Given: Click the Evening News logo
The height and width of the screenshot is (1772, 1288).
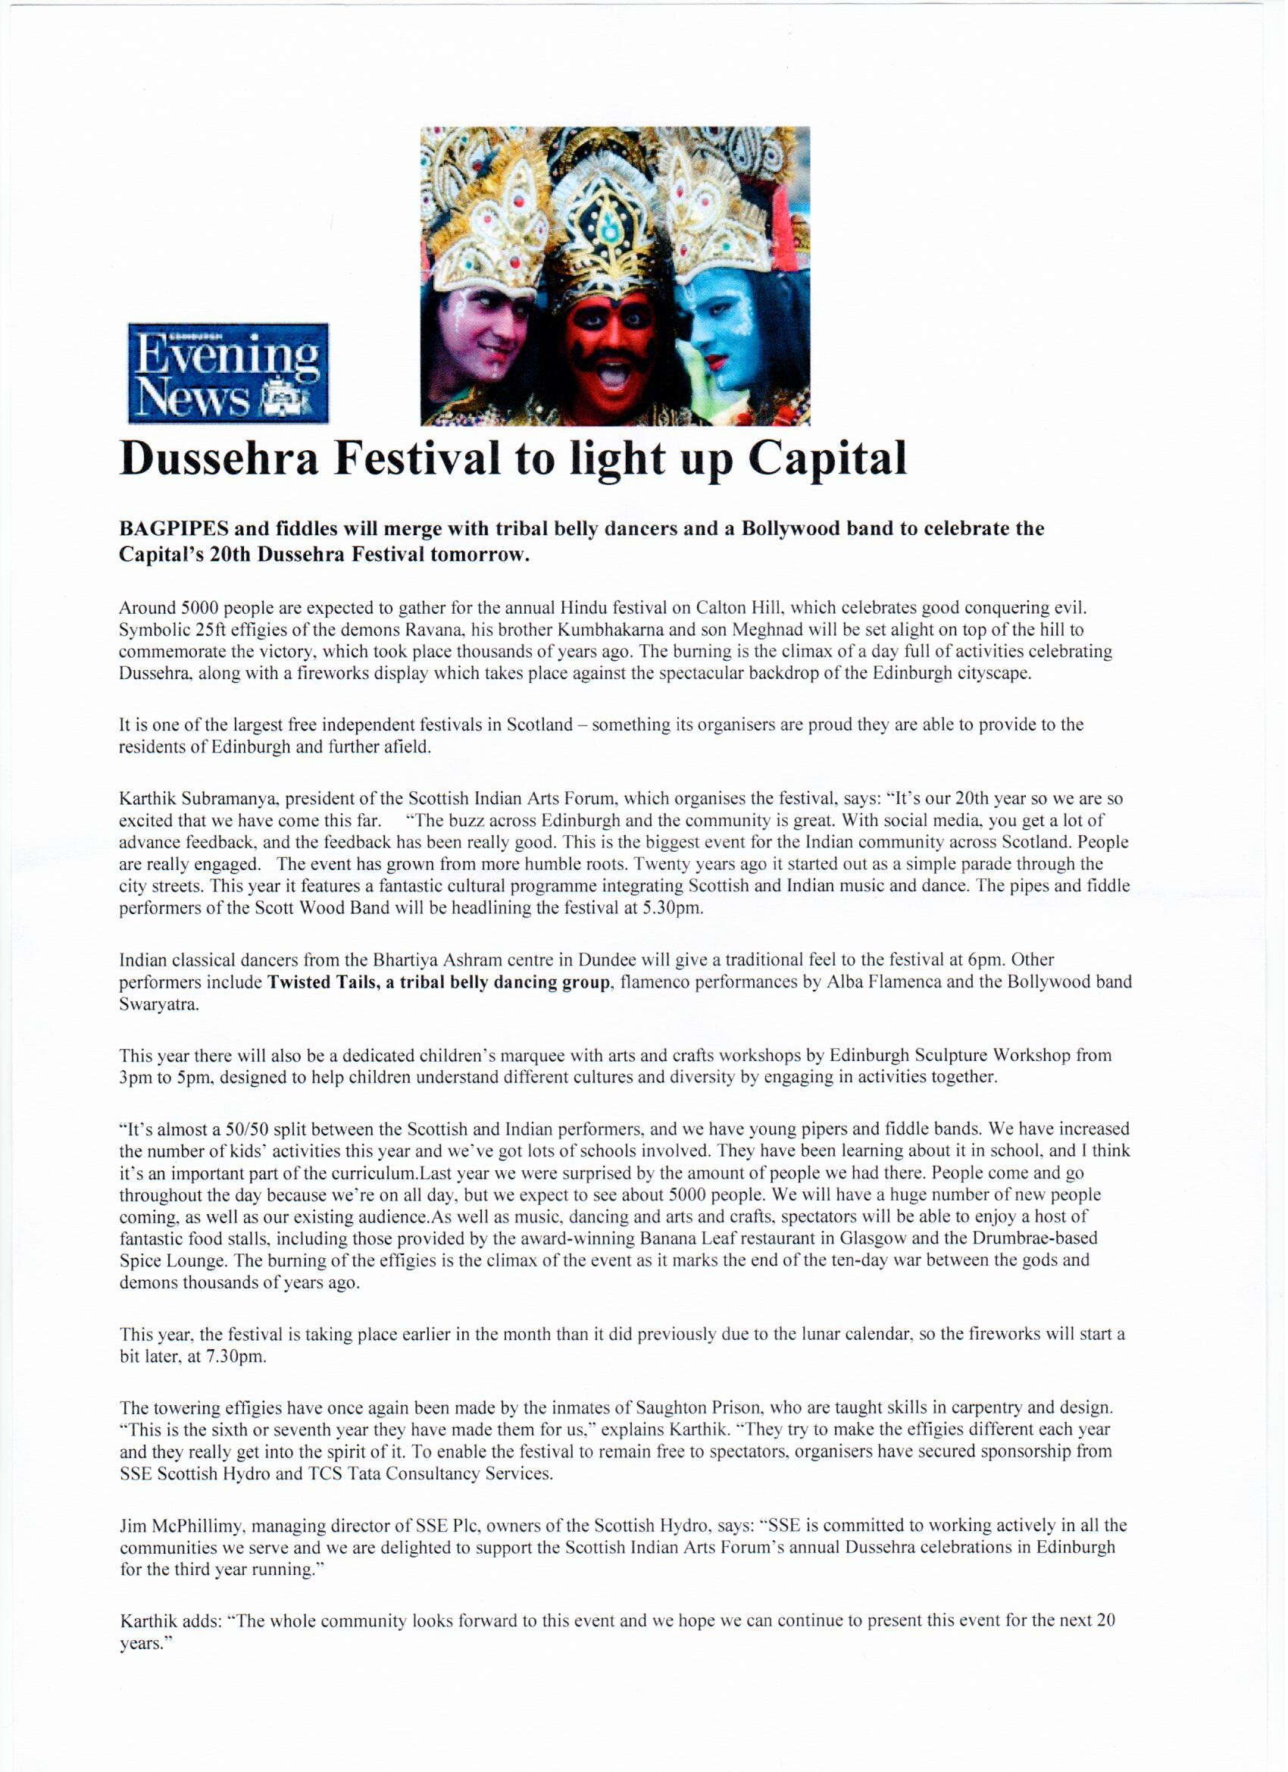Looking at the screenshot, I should click(228, 374).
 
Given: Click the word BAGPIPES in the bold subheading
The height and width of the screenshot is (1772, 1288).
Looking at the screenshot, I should click(174, 529).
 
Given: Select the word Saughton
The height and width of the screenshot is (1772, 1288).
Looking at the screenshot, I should click(661, 1408).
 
